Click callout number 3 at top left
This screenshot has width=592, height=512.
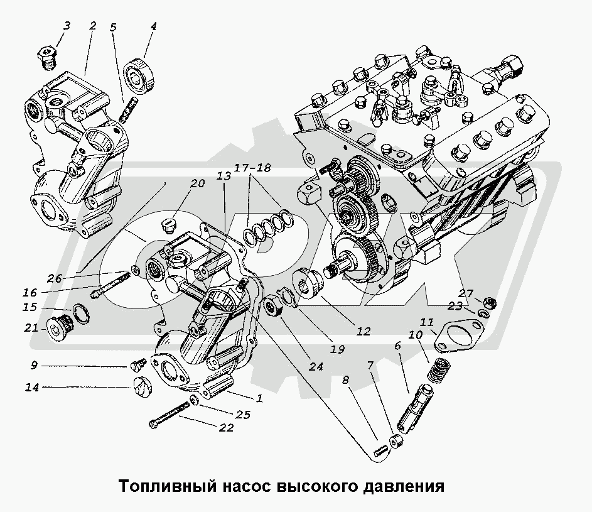coord(66,26)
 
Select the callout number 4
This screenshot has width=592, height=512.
coord(153,27)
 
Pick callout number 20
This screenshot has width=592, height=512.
coord(198,183)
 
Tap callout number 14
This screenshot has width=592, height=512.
coord(32,388)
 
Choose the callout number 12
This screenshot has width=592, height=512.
coord(363,331)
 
